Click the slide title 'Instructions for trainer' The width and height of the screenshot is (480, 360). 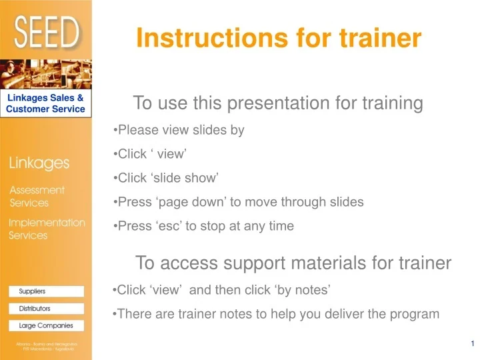[279, 38]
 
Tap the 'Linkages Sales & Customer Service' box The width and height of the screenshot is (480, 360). [46, 103]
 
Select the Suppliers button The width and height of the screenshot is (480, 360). [46, 291]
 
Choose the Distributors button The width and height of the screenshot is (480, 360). [46, 309]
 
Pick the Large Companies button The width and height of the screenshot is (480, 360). [46, 326]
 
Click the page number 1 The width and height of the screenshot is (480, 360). [471, 343]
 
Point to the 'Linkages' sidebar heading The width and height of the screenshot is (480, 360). [39, 163]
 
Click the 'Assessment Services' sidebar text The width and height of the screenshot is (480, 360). [37, 197]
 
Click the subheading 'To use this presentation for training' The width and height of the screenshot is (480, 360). [278, 103]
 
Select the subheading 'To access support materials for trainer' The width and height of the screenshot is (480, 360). [293, 263]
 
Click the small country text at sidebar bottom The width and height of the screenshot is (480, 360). [46, 346]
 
